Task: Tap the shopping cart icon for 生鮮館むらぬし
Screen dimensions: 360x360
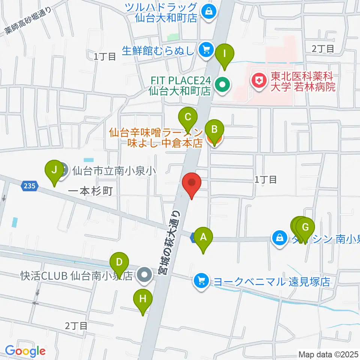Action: (206, 49)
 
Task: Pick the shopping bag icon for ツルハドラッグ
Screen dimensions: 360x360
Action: (208, 11)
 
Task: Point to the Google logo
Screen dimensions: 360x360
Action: (25, 351)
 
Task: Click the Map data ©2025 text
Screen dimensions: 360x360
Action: (328, 354)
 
